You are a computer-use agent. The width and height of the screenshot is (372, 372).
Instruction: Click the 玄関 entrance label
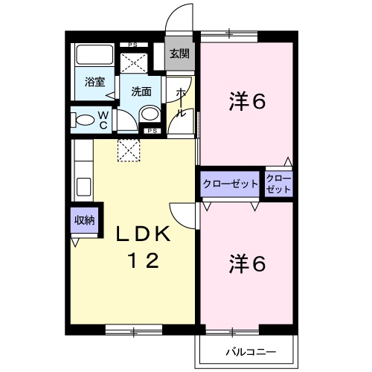(179, 54)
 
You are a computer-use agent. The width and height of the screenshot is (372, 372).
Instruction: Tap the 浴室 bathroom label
(94, 83)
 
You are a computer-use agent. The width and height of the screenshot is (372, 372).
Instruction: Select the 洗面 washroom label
(141, 92)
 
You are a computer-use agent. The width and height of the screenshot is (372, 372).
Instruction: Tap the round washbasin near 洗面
(150, 115)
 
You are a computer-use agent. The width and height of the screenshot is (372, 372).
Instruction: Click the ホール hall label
(181, 103)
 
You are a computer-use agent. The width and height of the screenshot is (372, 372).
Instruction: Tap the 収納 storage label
(84, 219)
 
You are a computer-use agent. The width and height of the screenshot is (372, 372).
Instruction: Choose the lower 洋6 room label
(247, 263)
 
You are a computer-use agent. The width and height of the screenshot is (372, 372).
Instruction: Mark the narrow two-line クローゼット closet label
(278, 184)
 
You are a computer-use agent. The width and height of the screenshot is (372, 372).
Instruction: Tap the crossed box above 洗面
(134, 62)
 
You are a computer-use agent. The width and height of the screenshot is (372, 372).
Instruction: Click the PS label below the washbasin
(151, 132)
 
